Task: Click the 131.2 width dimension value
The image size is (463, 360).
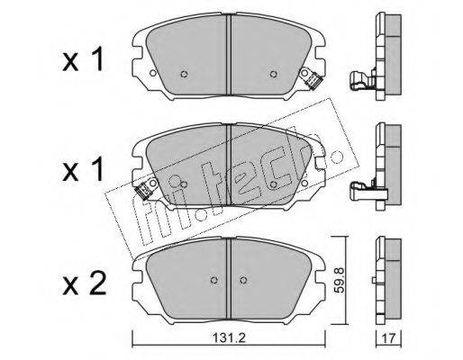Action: [x=229, y=338]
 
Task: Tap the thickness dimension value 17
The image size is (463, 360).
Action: [x=388, y=339]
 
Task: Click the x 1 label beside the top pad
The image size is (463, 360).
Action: [x=84, y=60]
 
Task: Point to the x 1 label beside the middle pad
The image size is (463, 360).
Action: [x=84, y=170]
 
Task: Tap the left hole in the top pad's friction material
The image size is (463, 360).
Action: [x=184, y=74]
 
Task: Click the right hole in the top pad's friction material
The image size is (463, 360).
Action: [x=273, y=74]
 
